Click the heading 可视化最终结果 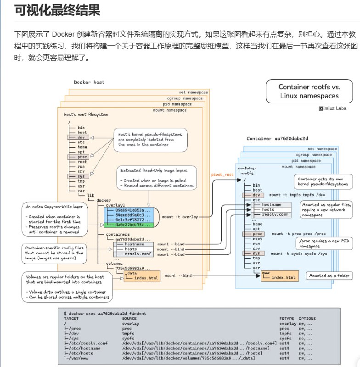pyautogui.click(x=57, y=10)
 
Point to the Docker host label pyautogui.click(x=89, y=83)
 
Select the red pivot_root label pyautogui.click(x=222, y=174)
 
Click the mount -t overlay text pyautogui.click(x=180, y=216)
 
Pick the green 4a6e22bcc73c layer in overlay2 pyautogui.click(x=130, y=225)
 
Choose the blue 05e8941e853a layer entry pyautogui.click(x=130, y=210)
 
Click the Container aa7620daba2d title pyautogui.click(x=277, y=138)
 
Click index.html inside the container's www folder pyautogui.click(x=283, y=277)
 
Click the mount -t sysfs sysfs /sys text pyautogui.click(x=292, y=253)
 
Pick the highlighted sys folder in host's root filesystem pyautogui.click(x=81, y=176)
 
